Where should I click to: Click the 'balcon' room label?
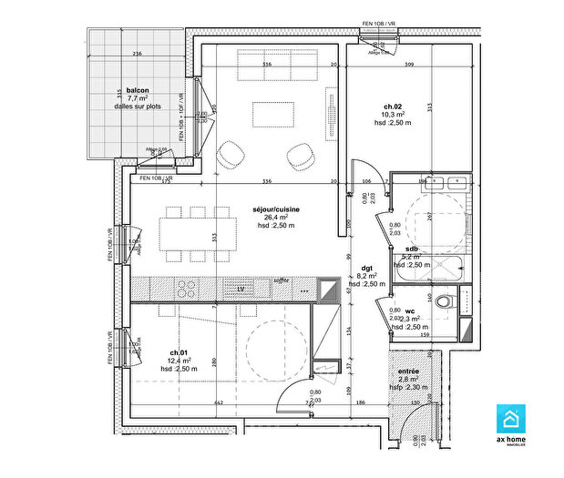coord(138,90)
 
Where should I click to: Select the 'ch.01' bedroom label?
coord(179,352)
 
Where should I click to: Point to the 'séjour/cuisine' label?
coord(277,209)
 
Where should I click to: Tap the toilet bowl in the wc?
coord(444,301)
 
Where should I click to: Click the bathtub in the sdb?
coord(432,268)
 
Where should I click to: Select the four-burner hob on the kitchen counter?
coord(187,289)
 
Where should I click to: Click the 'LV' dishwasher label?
coord(241,289)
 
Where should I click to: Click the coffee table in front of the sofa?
coord(274,114)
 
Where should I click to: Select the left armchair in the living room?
coord(231,156)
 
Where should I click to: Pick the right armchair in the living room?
coord(299,156)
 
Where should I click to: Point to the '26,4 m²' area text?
coord(276,218)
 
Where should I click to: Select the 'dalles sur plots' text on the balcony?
coord(137,107)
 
